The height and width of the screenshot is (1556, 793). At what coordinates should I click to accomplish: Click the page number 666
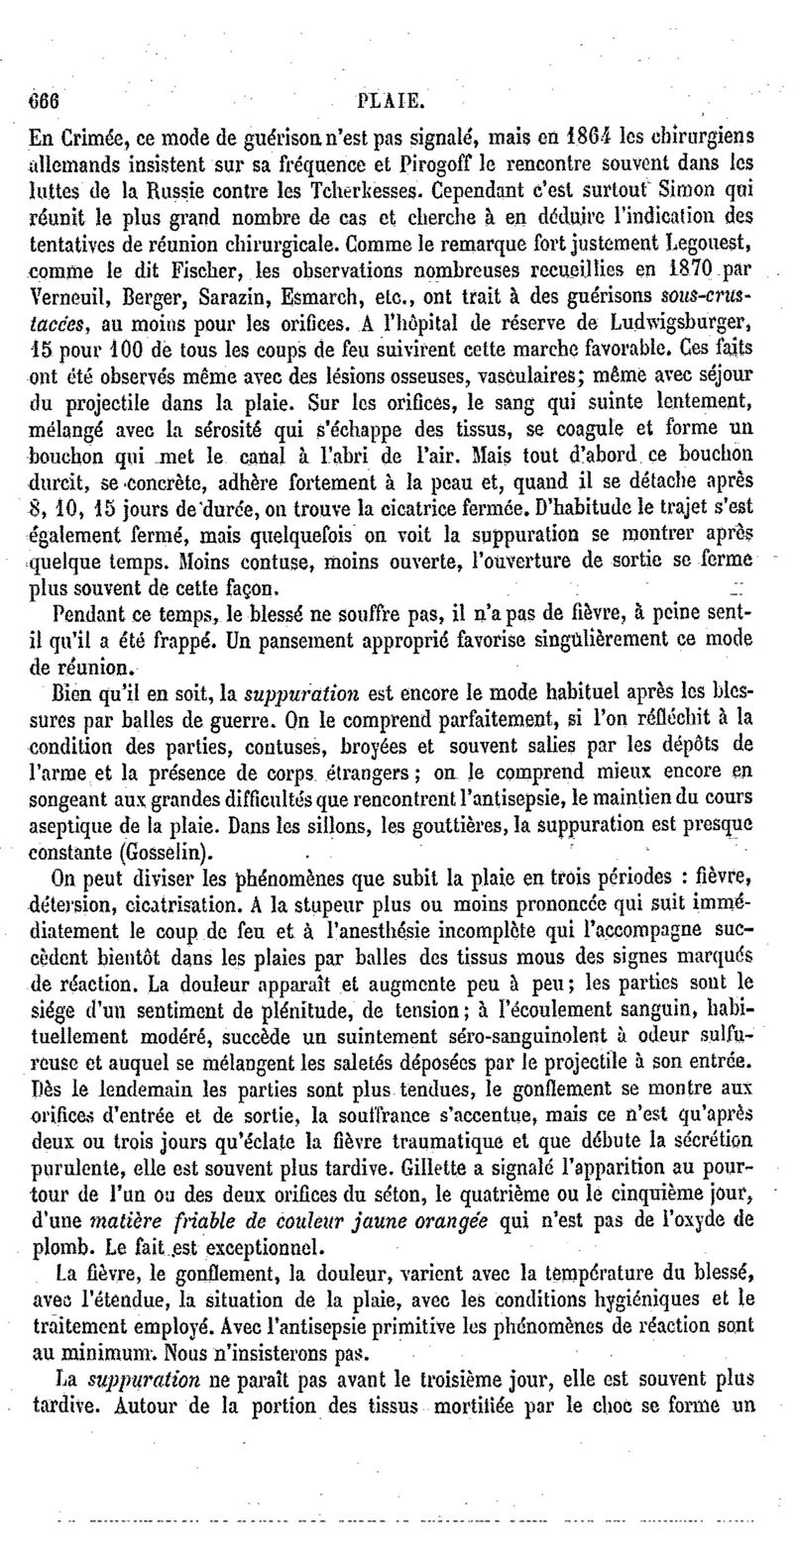click(x=45, y=101)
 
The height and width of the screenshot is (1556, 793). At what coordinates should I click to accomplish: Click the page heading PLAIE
click(x=395, y=101)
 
